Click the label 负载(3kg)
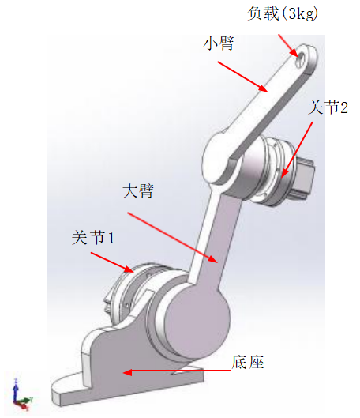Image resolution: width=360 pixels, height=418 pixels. click(x=283, y=13)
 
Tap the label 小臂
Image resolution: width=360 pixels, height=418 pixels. click(x=219, y=43)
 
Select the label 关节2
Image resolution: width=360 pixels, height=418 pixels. click(x=328, y=107)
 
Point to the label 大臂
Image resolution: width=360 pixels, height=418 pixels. click(x=138, y=190)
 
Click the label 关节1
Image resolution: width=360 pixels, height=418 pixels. click(x=93, y=237)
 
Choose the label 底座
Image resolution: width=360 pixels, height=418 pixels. click(x=248, y=362)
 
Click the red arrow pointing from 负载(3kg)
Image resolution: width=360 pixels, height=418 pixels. click(x=288, y=46)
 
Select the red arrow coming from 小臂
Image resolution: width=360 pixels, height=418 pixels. click(x=242, y=77)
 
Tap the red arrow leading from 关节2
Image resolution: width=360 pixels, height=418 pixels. click(x=297, y=150)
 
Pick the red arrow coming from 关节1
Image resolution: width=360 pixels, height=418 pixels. click(x=112, y=262)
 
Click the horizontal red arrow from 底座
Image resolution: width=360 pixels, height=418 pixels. click(x=177, y=371)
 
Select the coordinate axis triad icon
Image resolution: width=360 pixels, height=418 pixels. click(x=21, y=395)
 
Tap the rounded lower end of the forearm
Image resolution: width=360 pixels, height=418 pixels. click(x=217, y=159)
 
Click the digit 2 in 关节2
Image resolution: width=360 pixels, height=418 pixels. click(x=344, y=108)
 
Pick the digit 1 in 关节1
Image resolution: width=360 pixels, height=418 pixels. click(x=111, y=238)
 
